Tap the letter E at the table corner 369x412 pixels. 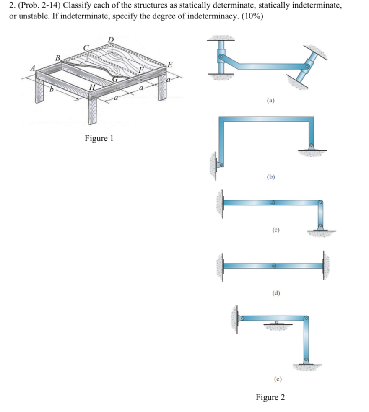click(170, 65)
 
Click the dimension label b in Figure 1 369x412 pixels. click(52, 90)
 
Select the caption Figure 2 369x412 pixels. click(270, 397)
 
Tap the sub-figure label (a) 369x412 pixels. click(271, 101)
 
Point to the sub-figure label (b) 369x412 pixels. click(271, 177)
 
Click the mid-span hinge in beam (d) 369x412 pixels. click(273, 266)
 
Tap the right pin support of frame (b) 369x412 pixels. click(311, 147)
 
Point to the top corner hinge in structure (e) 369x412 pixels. click(307, 319)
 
